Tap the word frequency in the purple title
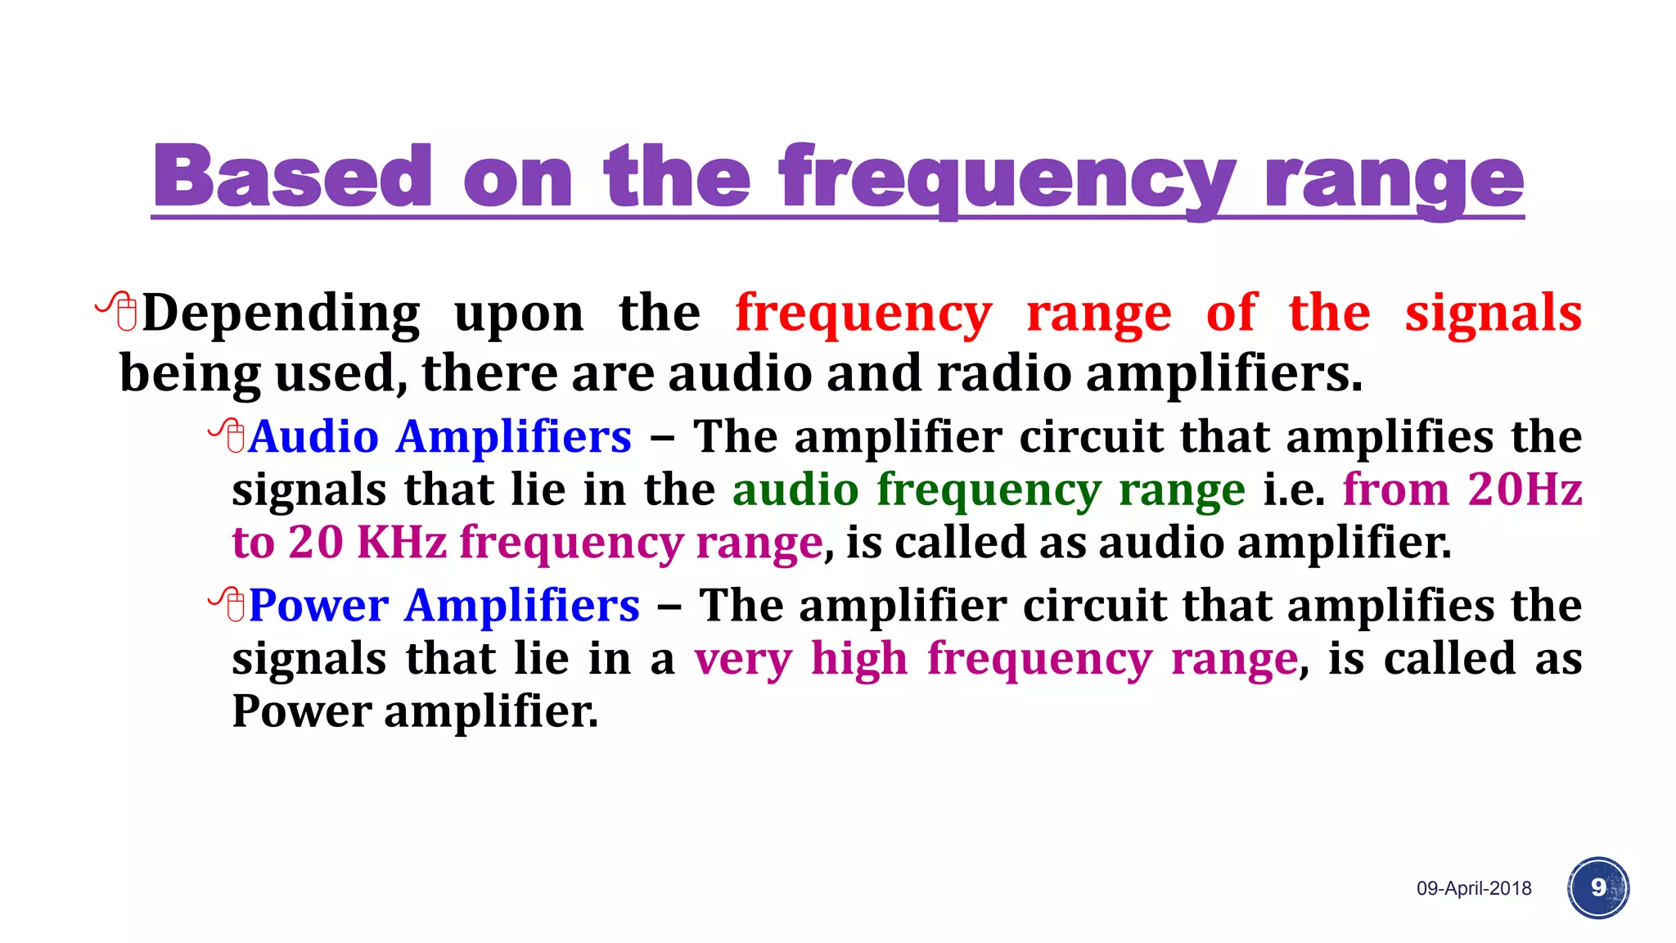click(1007, 180)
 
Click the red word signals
click(1493, 314)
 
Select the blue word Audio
click(313, 436)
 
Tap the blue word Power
click(318, 606)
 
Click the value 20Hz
click(1525, 490)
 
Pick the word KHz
click(402, 542)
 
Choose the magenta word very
click(743, 659)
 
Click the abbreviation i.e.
click(1293, 490)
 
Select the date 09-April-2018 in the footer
click(1474, 888)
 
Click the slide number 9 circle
click(1598, 887)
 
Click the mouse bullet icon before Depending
click(118, 311)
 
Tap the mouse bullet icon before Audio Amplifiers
click(228, 435)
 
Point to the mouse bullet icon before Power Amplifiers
click(228, 605)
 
